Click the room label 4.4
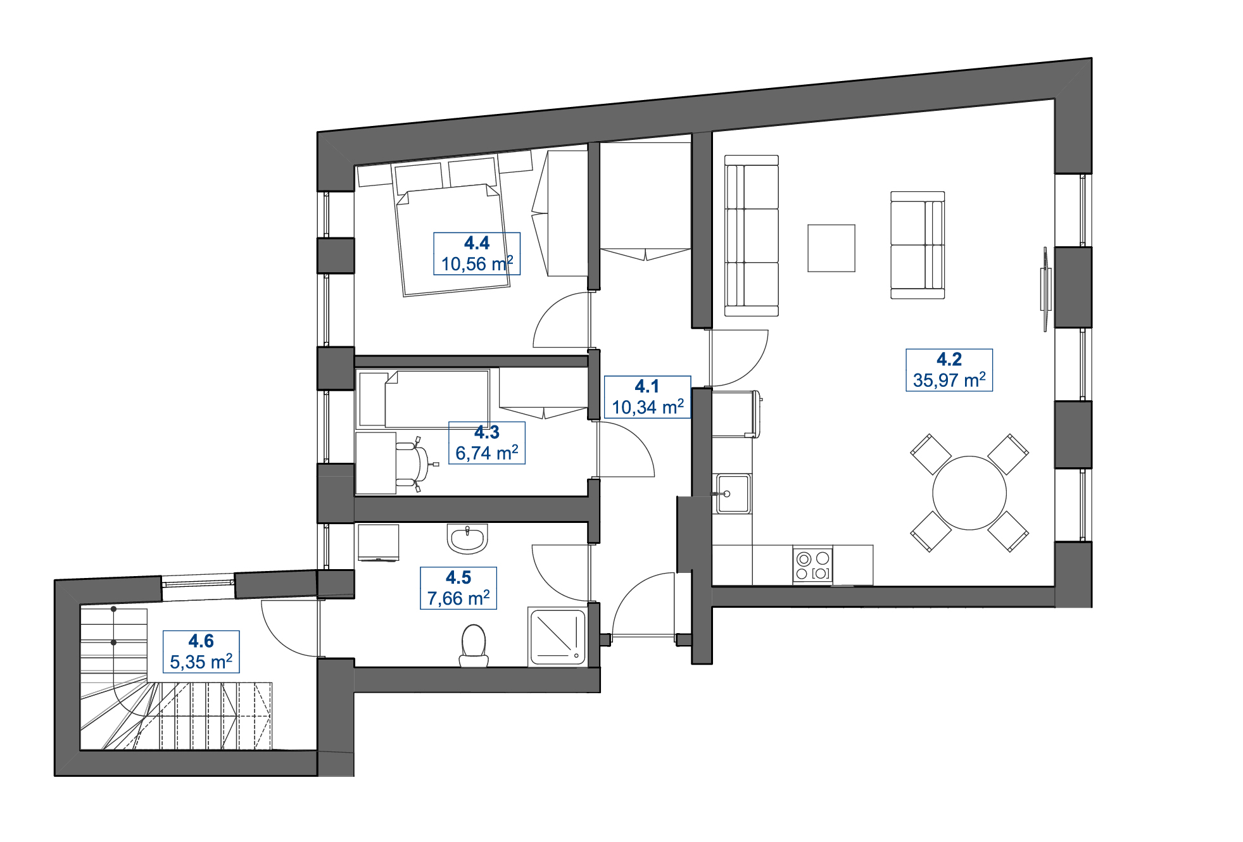[476, 243]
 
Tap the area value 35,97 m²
[949, 380]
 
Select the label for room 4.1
[647, 386]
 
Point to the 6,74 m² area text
[486, 453]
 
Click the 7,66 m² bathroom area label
[458, 598]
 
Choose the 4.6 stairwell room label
[201, 641]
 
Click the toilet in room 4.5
[474, 645]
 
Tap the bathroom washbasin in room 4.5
[467, 538]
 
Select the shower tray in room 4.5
[557, 638]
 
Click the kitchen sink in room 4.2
[733, 493]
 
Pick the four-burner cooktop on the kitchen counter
[812, 565]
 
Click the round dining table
[969, 493]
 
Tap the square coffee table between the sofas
[831, 248]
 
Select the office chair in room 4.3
[415, 464]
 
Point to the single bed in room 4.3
[423, 399]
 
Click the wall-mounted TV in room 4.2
[1045, 289]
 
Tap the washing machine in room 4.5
[378, 542]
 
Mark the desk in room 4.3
[375, 463]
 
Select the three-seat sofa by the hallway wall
[751, 236]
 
